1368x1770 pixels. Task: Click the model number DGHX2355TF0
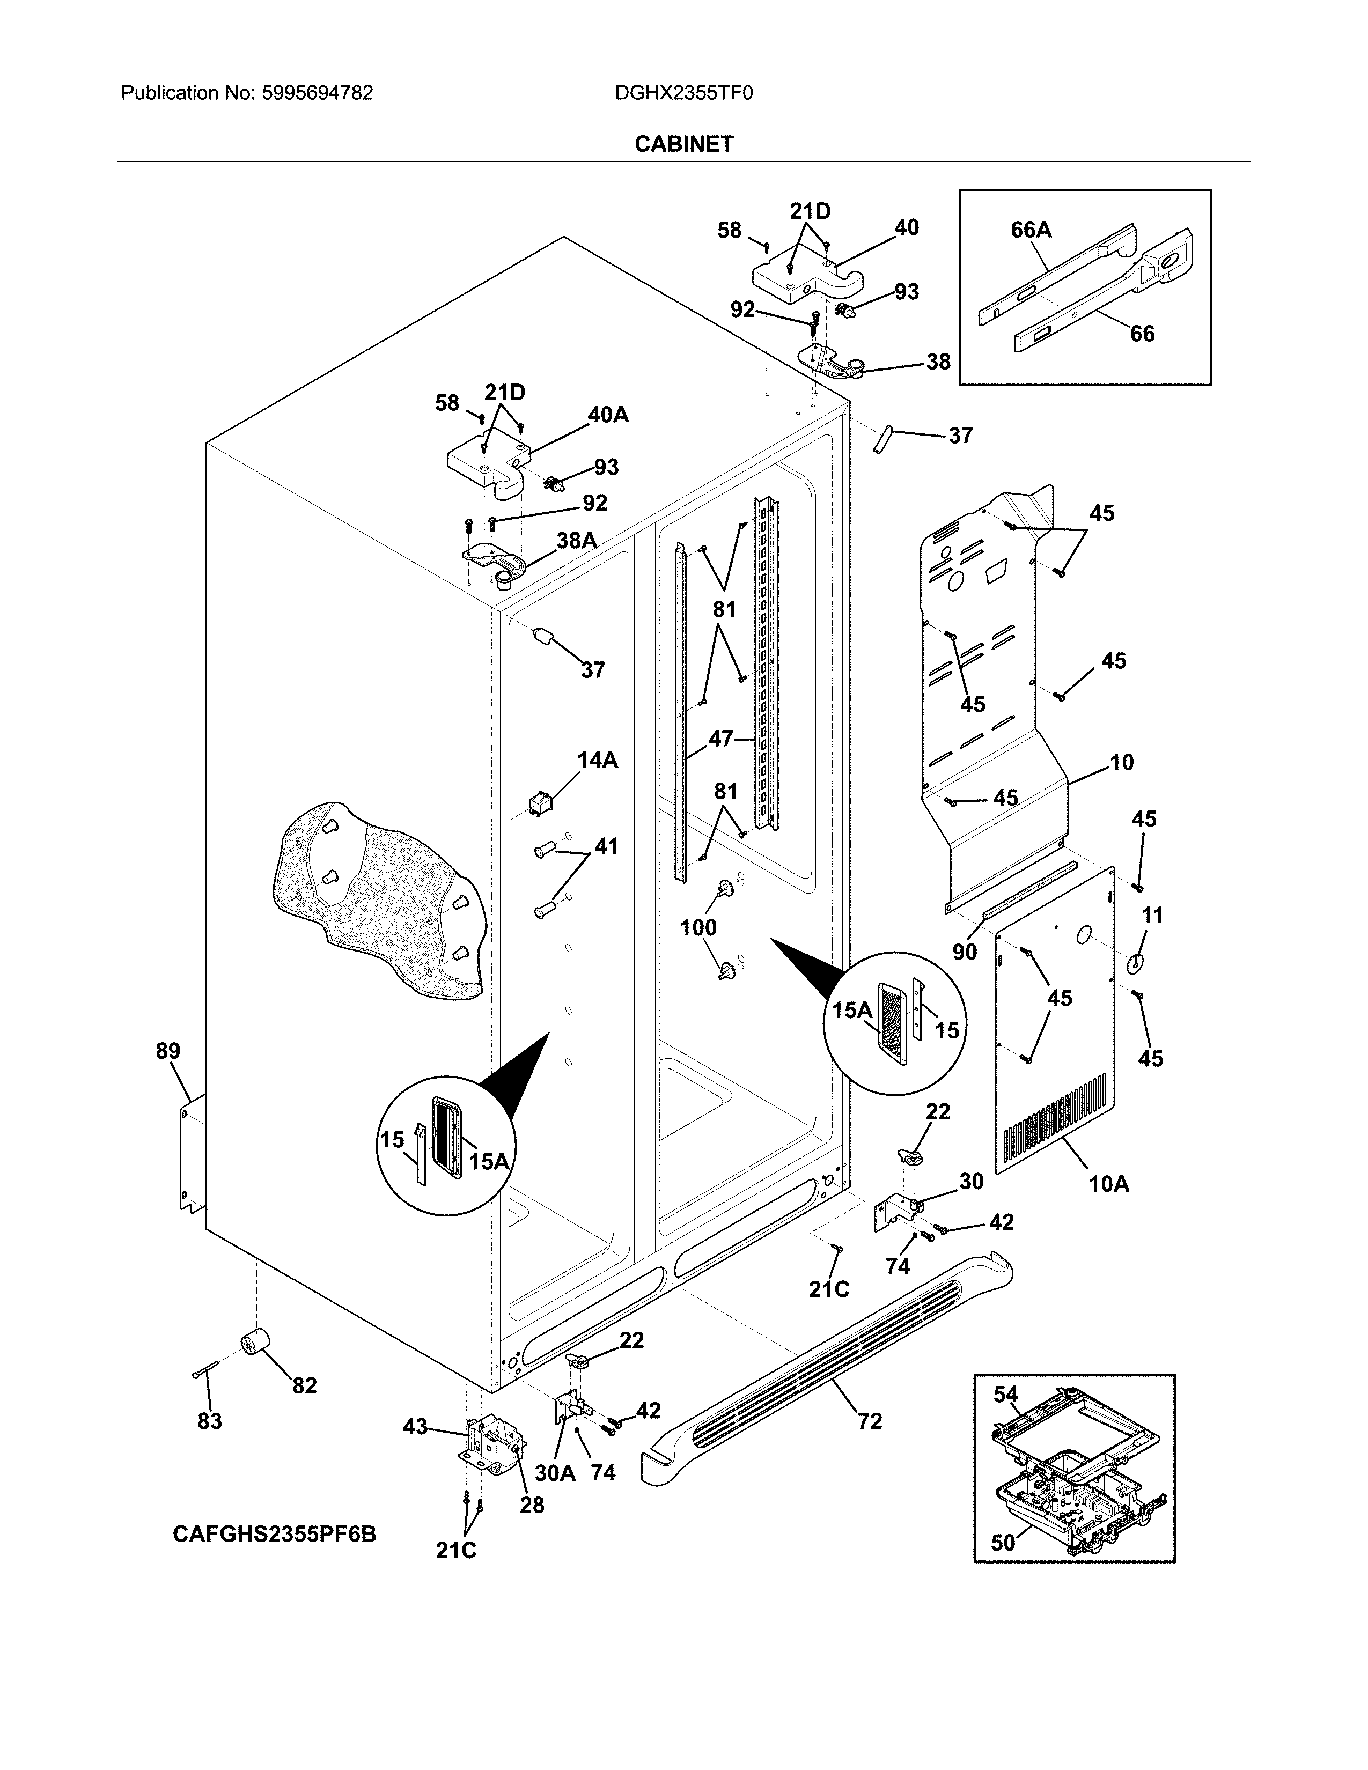click(x=683, y=93)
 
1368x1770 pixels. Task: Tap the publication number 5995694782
click(x=317, y=93)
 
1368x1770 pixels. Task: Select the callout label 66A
click(x=1031, y=230)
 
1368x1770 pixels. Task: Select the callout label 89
click(x=168, y=1051)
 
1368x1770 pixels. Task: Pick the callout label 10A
click(x=1109, y=1184)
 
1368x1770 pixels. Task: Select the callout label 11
click(x=1152, y=915)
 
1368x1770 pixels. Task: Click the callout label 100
click(x=698, y=927)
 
